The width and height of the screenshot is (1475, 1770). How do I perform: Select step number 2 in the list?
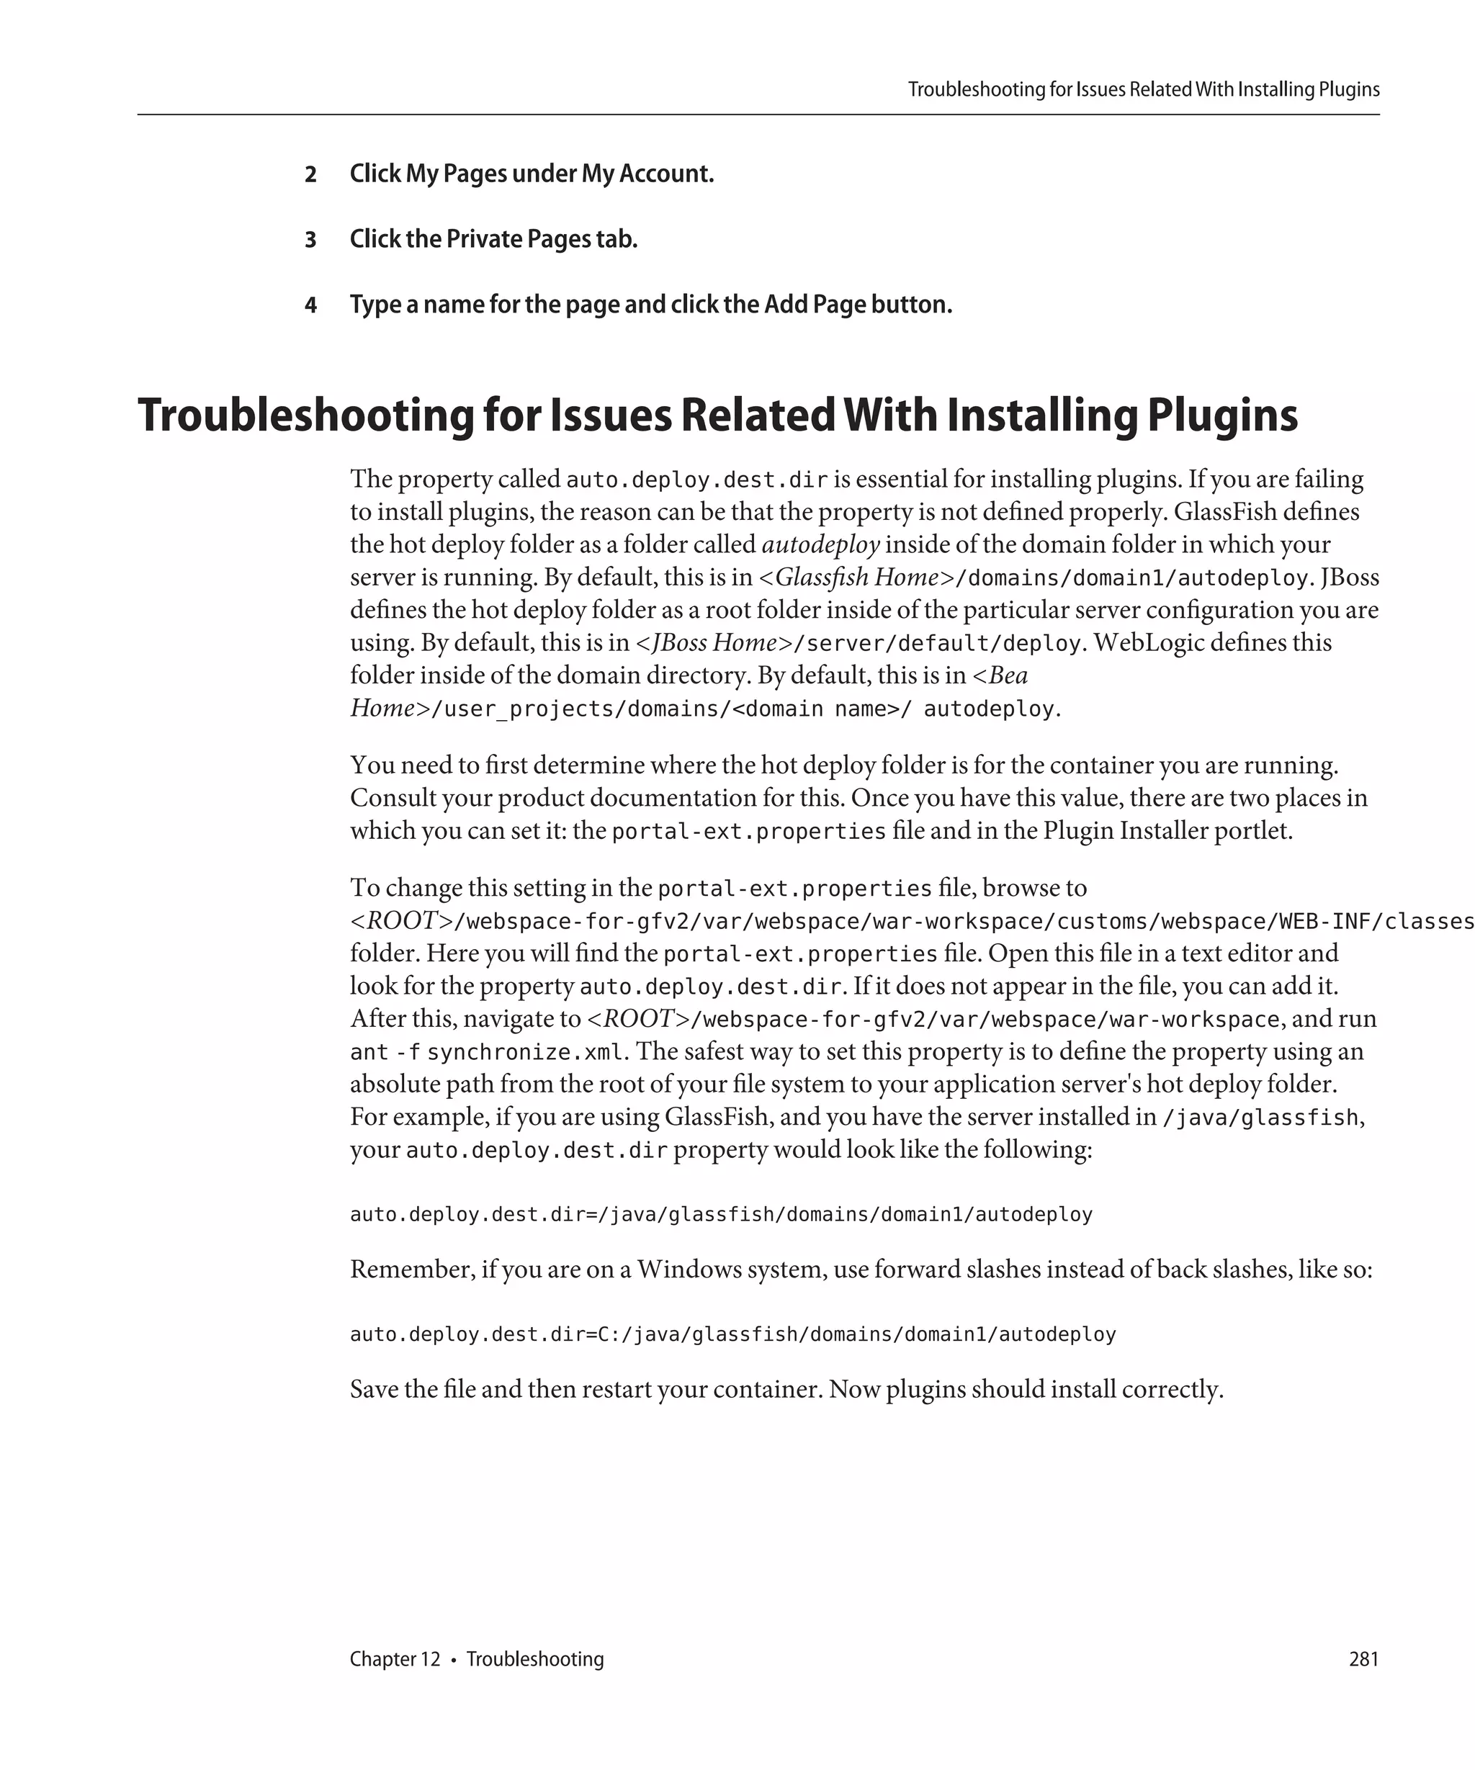click(x=310, y=174)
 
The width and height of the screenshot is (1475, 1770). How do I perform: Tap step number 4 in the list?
click(x=310, y=305)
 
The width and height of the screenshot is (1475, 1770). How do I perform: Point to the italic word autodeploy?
click(x=820, y=544)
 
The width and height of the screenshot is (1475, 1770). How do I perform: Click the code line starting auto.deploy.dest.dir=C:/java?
click(x=732, y=1334)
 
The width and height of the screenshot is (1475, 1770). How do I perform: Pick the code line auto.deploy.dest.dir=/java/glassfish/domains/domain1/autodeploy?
click(x=721, y=1215)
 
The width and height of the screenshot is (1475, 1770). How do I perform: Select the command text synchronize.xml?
click(x=525, y=1053)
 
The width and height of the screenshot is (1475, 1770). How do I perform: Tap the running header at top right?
click(x=1143, y=89)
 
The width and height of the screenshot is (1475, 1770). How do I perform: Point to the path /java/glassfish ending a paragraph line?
click(x=1260, y=1118)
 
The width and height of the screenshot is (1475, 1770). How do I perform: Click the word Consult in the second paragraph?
click(x=392, y=798)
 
